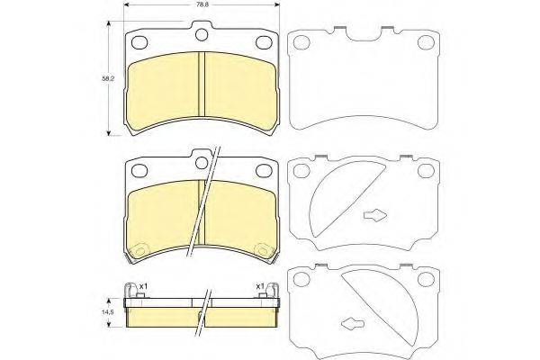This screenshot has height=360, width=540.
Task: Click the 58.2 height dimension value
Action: point(108,78)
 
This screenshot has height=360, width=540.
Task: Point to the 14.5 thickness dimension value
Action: point(109,311)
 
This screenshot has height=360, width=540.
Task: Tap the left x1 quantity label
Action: point(143,286)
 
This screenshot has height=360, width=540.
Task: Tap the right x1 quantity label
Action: point(260,286)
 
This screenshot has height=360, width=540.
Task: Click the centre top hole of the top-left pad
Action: point(202,35)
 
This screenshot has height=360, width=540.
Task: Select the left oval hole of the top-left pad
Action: point(139,42)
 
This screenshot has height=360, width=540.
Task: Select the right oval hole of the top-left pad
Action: point(264,42)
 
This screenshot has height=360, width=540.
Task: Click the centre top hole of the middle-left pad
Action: point(202,163)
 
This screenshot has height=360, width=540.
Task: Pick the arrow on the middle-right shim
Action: point(375,215)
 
